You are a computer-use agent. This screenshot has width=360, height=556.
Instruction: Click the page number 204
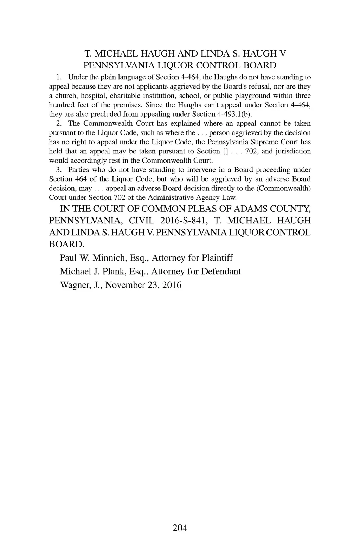click(x=180, y=528)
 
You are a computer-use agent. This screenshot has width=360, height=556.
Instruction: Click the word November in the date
click(x=124, y=285)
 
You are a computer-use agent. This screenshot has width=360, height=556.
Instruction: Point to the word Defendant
click(x=221, y=272)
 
